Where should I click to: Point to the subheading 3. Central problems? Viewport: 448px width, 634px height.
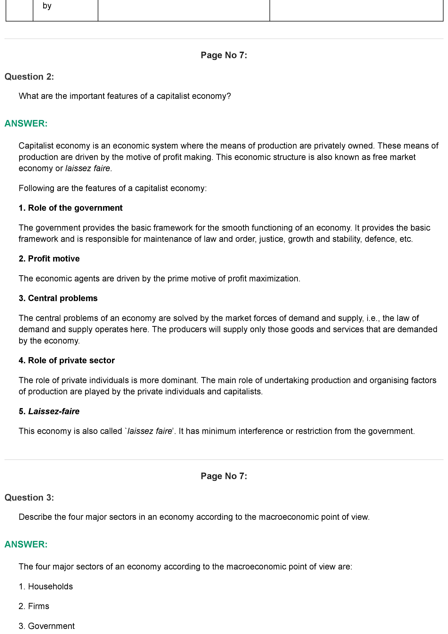(x=58, y=298)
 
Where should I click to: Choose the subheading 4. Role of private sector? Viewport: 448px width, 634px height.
(x=67, y=360)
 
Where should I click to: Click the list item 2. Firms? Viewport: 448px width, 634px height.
(x=34, y=606)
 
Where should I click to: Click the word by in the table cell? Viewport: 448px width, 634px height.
(x=47, y=6)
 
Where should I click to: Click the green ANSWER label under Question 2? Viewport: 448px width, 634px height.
(x=26, y=123)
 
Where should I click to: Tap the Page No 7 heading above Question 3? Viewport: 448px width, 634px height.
(x=224, y=476)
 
